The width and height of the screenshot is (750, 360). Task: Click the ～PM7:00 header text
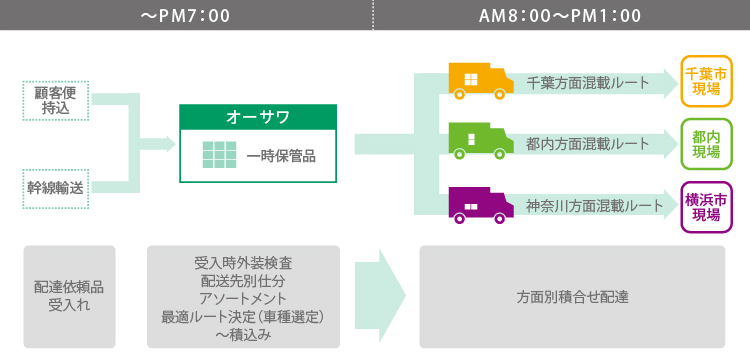tap(186, 15)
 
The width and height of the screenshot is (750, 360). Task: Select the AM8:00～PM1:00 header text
tap(561, 15)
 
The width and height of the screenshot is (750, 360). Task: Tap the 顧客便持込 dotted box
tap(56, 100)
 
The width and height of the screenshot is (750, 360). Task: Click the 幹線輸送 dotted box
tap(56, 187)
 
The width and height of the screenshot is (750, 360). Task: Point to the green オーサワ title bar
tap(258, 116)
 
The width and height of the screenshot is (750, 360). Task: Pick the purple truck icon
tap(473, 205)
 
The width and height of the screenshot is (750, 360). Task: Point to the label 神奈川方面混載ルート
tap(594, 206)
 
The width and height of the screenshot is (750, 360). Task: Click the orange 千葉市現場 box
tap(706, 82)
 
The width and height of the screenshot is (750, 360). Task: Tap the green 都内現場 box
tap(706, 144)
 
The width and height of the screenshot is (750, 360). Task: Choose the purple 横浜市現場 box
tap(706, 207)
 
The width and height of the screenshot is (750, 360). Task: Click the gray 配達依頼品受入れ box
tap(69, 296)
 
